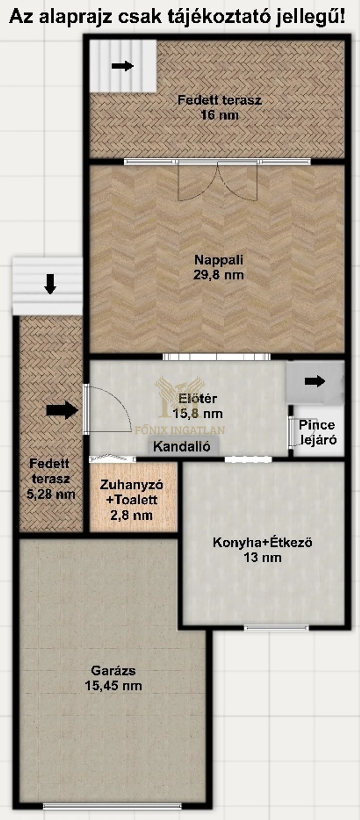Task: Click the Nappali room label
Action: pyautogui.click(x=219, y=260)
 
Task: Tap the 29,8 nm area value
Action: pyautogui.click(x=219, y=275)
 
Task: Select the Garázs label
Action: pyautogui.click(x=113, y=670)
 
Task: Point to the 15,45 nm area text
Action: pyautogui.click(x=113, y=685)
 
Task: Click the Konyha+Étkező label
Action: pyautogui.click(x=262, y=542)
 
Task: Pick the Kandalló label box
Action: pyautogui.click(x=182, y=446)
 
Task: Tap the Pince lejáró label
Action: pyautogui.click(x=317, y=432)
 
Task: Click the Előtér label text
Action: pyautogui.click(x=198, y=398)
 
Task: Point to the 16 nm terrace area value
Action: pyautogui.click(x=219, y=115)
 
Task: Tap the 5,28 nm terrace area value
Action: pyautogui.click(x=51, y=494)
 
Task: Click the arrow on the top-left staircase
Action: pyautogui.click(x=122, y=66)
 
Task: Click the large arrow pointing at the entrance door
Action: pyautogui.click(x=62, y=410)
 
